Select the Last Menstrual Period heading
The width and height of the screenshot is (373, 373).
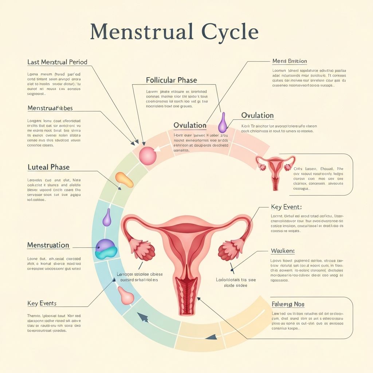click(57, 62)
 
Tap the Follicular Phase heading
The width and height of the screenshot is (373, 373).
click(171, 80)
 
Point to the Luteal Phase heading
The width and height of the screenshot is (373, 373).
click(48, 167)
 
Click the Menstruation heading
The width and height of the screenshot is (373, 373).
click(48, 245)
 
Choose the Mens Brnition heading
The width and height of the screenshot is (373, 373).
click(290, 61)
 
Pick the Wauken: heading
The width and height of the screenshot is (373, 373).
click(283, 251)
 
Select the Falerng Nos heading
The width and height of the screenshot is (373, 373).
click(288, 304)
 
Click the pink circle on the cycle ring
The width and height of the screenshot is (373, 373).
click(148, 156)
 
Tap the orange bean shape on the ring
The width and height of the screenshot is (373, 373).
click(124, 180)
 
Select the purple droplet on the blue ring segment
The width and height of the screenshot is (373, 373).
click(107, 218)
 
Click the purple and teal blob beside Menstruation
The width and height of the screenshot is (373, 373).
click(106, 250)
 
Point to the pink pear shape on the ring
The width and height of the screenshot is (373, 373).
click(126, 295)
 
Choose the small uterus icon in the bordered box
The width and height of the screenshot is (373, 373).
click(275, 170)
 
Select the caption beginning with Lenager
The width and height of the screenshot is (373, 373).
click(140, 277)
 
